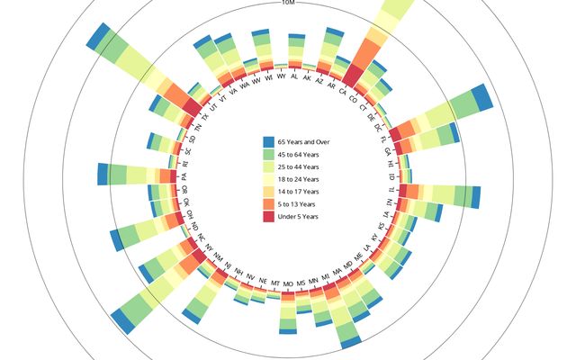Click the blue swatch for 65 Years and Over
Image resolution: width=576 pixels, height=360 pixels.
tap(268, 142)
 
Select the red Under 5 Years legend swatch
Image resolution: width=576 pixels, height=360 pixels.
tap(268, 217)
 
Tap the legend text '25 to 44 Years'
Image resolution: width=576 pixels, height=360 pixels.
tap(300, 167)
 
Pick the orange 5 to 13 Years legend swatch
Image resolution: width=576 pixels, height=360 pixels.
tap(268, 204)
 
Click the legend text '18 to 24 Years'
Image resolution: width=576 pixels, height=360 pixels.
tap(300, 180)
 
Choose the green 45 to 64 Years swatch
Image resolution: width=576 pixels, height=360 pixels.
tap(268, 155)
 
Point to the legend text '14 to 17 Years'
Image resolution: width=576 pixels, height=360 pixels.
tap(300, 192)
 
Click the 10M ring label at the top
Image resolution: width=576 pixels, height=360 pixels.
tap(288, 4)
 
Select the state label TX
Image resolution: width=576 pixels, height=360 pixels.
tap(206, 116)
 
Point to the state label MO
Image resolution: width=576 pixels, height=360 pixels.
tap(288, 283)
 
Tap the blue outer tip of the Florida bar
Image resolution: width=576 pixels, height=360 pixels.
tap(481, 97)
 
